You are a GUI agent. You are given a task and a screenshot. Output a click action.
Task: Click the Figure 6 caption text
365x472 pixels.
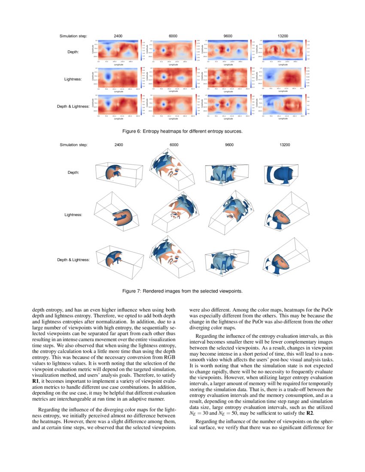[x=182, y=131]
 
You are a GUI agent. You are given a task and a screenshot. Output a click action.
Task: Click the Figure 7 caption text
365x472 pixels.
[x=182, y=291]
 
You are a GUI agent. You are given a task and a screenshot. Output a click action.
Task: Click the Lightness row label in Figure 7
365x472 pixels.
[x=77, y=214]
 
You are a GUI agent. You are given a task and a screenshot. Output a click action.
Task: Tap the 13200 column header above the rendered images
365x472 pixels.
[x=284, y=145]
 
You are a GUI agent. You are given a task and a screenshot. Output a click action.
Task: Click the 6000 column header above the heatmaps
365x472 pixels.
[x=173, y=36]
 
